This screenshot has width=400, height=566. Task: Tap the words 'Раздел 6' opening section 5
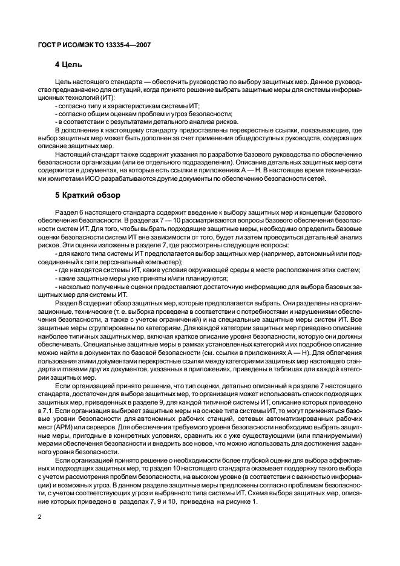(x=68, y=213)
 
